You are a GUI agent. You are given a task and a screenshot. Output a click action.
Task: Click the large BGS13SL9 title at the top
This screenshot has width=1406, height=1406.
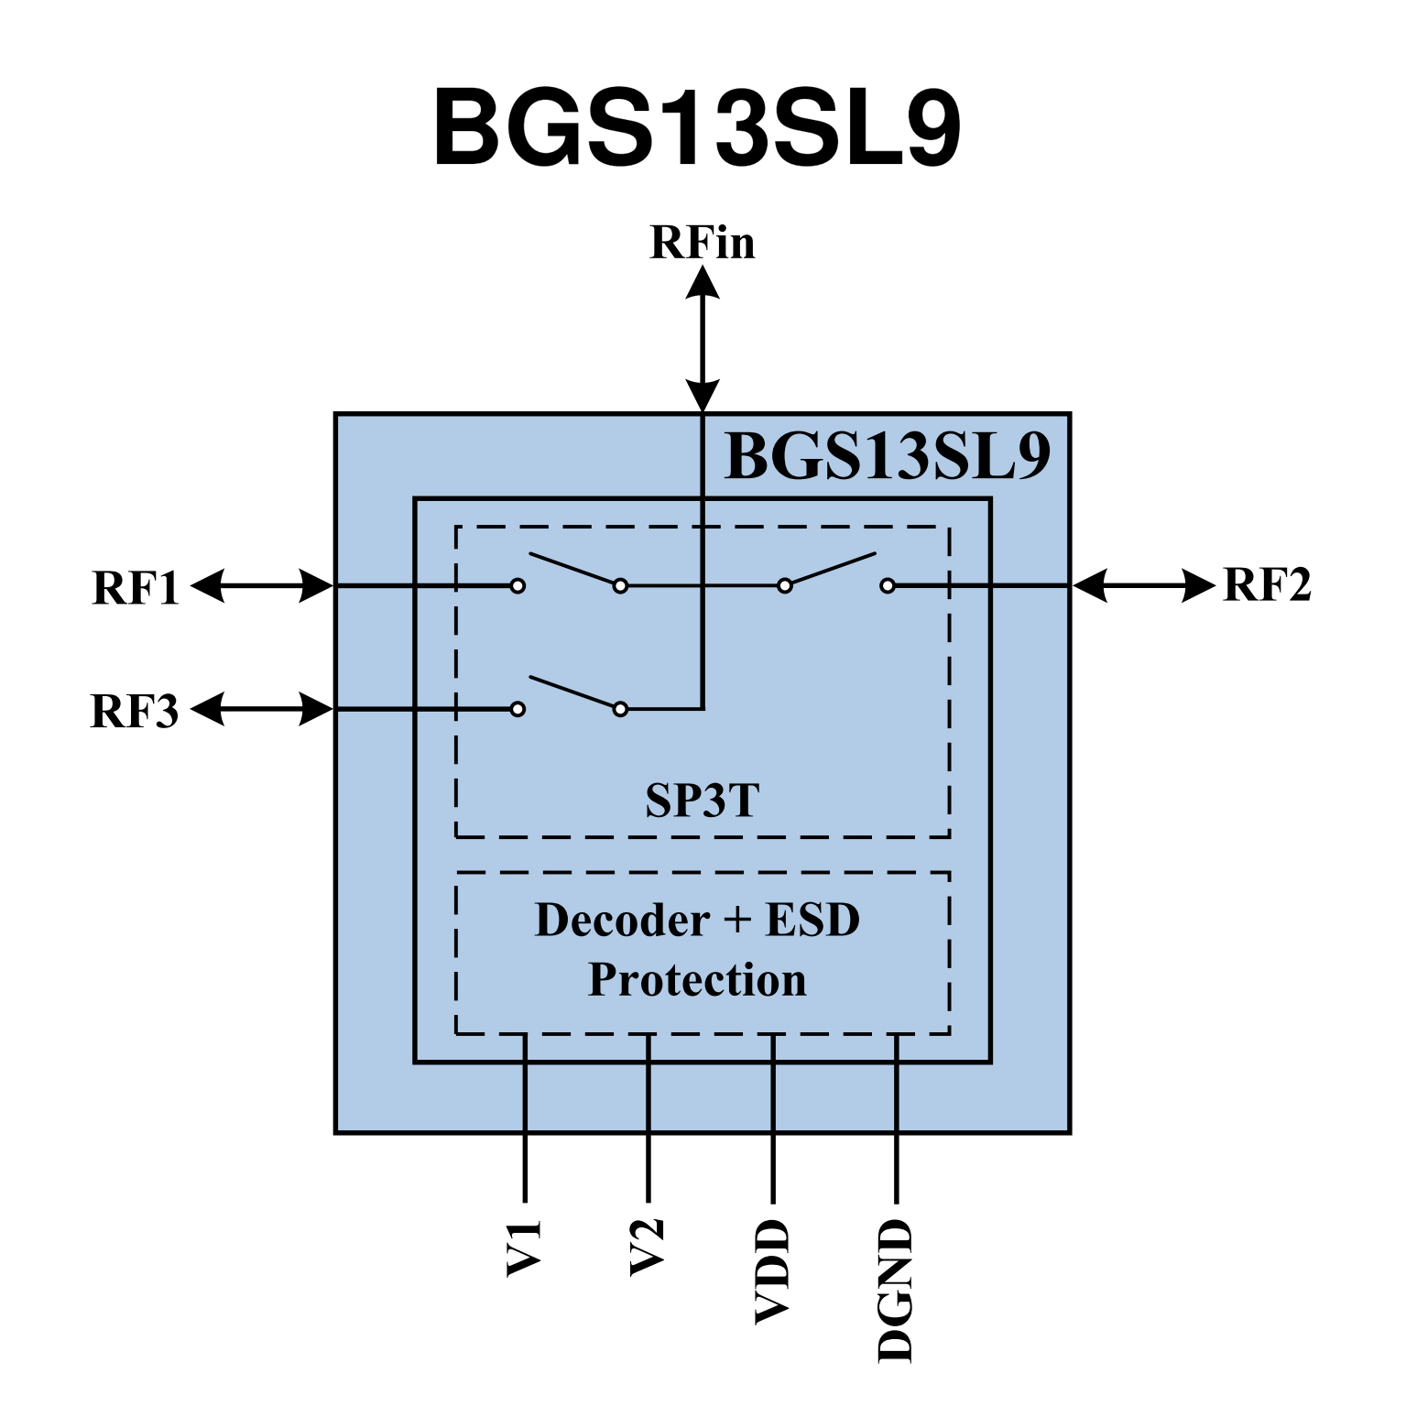click(x=697, y=127)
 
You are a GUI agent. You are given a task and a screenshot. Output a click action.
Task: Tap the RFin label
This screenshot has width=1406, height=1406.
click(x=703, y=243)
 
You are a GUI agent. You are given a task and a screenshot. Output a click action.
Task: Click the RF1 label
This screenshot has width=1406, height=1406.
click(x=136, y=588)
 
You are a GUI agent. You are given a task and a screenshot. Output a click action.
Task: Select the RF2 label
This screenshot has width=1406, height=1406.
click(x=1267, y=585)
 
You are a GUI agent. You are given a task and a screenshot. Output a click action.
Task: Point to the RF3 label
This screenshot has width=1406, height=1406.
click(x=135, y=712)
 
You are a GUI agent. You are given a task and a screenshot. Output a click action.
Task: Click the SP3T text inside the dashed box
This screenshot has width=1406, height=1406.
click(x=703, y=801)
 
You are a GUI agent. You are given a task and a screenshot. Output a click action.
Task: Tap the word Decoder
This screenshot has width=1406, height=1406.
click(x=623, y=921)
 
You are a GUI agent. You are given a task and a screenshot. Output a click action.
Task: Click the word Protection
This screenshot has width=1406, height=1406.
click(x=697, y=980)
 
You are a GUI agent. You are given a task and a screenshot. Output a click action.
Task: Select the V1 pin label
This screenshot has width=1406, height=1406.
click(x=525, y=1248)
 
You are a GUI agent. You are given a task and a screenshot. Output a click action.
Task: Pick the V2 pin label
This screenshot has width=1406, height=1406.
click(x=648, y=1247)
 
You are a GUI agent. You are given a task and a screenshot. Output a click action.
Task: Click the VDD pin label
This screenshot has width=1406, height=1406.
click(x=772, y=1271)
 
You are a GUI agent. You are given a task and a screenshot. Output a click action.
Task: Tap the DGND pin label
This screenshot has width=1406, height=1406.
click(x=896, y=1291)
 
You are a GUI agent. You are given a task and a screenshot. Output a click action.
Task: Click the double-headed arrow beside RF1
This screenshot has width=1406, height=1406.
click(x=262, y=585)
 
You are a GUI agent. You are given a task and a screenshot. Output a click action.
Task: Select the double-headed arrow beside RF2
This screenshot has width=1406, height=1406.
click(x=1144, y=585)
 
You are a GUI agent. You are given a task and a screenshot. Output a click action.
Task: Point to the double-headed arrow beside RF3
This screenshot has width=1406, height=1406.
click(x=262, y=709)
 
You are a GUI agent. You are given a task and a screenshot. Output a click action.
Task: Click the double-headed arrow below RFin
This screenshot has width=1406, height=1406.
click(x=703, y=339)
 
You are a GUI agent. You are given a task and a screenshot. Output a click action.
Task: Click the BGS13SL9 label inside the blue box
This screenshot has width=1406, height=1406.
click(x=887, y=456)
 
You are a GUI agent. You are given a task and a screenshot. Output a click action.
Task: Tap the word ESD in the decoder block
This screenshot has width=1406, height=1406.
click(x=812, y=921)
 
